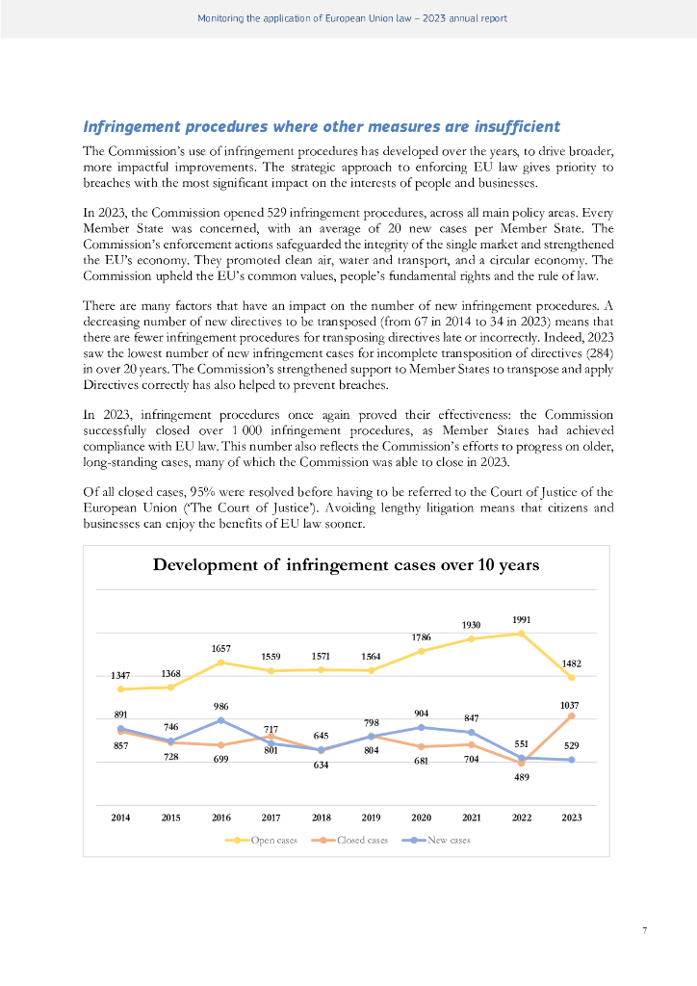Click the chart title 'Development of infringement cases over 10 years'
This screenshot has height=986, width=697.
pos(346,565)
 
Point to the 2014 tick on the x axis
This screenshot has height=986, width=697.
pos(120,817)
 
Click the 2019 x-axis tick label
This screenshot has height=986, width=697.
pos(371,817)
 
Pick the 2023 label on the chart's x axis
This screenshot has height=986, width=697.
pos(571,817)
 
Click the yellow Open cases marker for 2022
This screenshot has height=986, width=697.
pos(521,634)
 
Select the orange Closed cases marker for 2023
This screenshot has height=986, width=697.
pos(571,716)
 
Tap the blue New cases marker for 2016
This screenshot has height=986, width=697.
pos(220,720)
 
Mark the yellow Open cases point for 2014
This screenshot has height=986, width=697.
pos(120,688)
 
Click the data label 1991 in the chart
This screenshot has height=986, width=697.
pos(522,619)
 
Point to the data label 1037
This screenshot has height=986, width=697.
pos(571,704)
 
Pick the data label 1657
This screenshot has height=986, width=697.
pos(220,648)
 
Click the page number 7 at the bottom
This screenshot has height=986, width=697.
pos(644,930)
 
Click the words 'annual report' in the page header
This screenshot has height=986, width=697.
pos(476,18)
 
